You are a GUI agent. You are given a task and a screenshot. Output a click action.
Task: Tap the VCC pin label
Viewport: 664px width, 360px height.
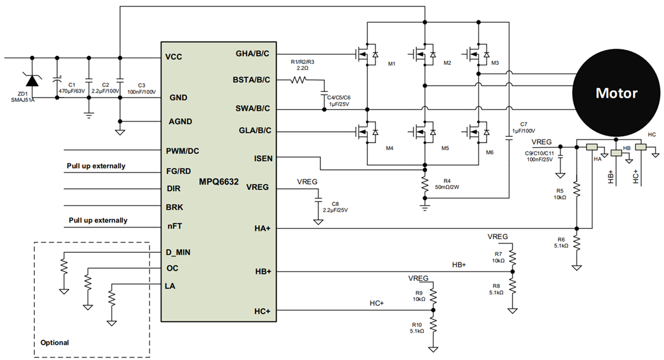pos(174,57)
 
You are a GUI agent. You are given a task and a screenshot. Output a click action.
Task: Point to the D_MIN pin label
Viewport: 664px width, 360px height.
pos(178,252)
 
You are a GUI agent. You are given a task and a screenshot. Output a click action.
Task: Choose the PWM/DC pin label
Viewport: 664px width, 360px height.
pos(183,150)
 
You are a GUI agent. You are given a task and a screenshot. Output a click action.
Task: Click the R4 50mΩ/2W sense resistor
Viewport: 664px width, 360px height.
pos(424,184)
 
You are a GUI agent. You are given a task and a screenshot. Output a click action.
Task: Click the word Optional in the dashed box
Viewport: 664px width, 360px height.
pos(55,342)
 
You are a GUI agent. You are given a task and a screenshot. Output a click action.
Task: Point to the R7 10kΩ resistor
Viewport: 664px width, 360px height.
pos(512,256)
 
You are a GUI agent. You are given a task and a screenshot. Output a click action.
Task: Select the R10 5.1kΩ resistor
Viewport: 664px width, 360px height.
pos(433,326)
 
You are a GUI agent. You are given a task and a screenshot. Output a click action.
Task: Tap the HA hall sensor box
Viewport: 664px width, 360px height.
pos(592,148)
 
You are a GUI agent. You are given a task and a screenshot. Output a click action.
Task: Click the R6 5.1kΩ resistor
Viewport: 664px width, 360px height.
pos(576,242)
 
